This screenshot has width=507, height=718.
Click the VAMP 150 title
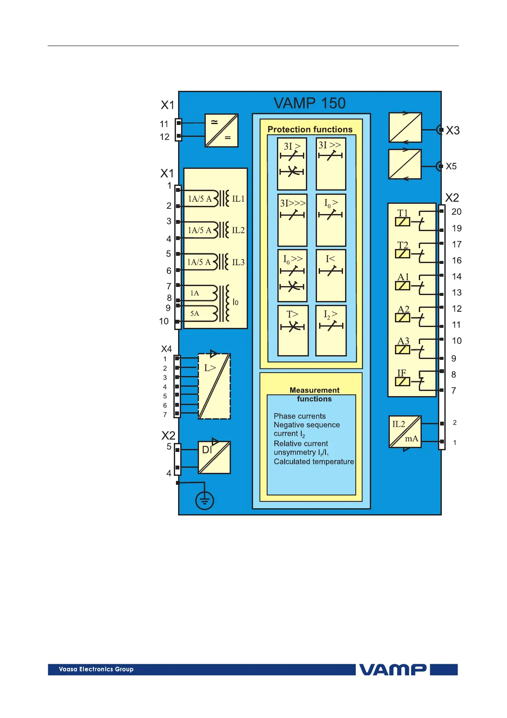point(309,103)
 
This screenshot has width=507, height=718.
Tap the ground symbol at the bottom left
point(205,501)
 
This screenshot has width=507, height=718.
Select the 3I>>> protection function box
point(292,220)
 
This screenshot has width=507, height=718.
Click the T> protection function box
point(293,330)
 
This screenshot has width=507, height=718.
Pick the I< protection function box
point(331,275)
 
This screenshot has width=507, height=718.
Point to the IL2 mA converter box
point(405,431)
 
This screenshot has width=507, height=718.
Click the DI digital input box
point(214,457)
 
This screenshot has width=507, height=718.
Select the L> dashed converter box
point(214,386)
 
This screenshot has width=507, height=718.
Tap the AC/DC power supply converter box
point(222,130)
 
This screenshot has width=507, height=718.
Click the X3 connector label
point(452,130)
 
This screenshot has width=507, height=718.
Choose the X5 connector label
point(451,166)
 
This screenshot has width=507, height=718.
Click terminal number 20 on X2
point(456,212)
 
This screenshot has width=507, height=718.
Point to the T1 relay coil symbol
point(403,222)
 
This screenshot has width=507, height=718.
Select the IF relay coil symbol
point(403,382)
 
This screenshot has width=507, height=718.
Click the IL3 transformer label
point(238,262)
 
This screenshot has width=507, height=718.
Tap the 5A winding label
point(195,313)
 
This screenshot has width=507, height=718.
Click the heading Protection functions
point(310,129)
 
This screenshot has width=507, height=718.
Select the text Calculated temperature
point(314,461)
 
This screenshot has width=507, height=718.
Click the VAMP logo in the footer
point(392,669)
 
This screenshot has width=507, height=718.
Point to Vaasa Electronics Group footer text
point(96,669)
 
